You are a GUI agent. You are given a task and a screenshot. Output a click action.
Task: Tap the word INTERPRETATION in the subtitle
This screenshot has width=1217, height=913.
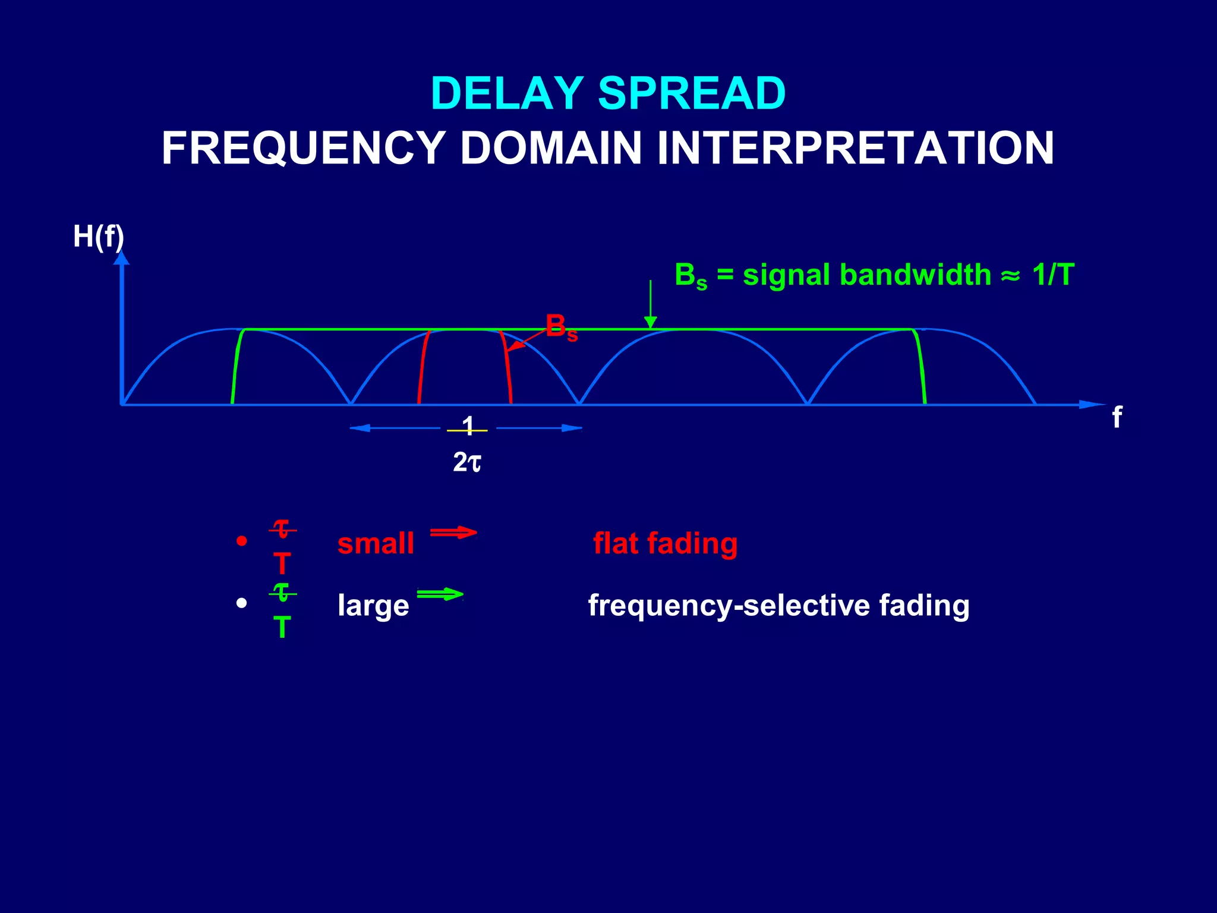point(855,148)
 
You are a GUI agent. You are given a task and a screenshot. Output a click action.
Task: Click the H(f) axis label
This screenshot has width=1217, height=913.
point(98,237)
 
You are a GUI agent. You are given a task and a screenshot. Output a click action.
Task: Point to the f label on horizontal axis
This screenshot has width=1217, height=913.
point(1117,417)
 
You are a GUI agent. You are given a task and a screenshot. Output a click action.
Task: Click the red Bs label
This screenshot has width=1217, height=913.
point(560,328)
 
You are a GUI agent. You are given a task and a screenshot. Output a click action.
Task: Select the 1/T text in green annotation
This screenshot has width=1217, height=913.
point(1053,275)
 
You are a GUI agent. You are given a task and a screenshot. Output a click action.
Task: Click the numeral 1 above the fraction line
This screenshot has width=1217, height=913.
point(468,424)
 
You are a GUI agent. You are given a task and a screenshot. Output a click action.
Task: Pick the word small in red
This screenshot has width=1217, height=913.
point(376,543)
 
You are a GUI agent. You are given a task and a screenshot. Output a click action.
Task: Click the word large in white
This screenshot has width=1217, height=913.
point(373,606)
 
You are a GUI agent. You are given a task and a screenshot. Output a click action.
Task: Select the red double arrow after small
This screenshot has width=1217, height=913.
point(453,532)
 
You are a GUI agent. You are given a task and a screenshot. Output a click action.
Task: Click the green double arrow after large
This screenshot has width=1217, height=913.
point(440,594)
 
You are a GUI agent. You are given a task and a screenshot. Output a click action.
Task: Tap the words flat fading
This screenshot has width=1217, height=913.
point(665,543)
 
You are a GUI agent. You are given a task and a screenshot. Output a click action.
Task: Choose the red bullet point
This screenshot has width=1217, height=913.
point(241,541)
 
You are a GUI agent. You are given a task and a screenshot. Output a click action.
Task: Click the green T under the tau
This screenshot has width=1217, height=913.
point(282,628)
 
